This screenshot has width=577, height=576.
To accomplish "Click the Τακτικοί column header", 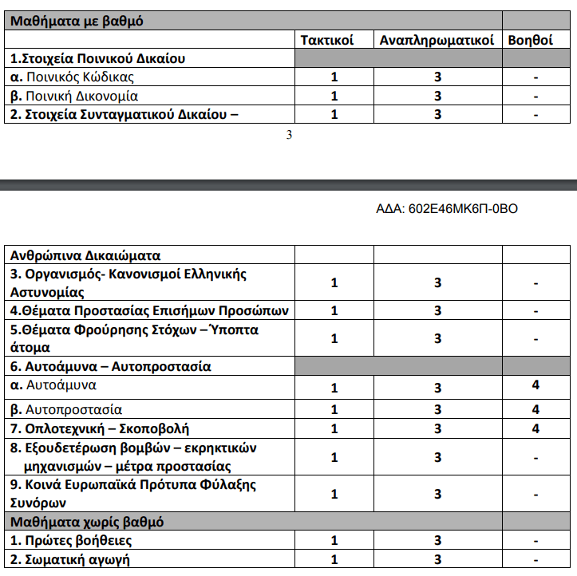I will pos(327,40).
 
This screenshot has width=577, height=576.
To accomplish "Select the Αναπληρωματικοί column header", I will pos(437,40).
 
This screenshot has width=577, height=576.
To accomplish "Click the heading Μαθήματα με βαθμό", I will pos(77,22).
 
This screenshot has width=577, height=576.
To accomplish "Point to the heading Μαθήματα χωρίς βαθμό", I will pos(87,522).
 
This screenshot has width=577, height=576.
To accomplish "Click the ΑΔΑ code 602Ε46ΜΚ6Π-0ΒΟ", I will pos(447,209).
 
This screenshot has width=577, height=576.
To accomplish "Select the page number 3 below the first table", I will pos(289,135).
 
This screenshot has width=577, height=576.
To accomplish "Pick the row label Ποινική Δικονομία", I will pos(74,96).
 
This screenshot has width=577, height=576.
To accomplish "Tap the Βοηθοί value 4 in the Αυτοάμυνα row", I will pos(536,385).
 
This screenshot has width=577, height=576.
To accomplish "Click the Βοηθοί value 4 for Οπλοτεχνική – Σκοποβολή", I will pos(536,428).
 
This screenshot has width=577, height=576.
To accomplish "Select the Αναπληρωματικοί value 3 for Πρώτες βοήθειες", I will pos(437,541).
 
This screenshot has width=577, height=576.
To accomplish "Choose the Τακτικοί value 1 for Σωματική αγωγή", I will pos(334,559).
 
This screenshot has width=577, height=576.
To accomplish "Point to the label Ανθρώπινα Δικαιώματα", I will pos(85,256).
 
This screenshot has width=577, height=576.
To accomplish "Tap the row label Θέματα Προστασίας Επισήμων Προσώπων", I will pos(149,310).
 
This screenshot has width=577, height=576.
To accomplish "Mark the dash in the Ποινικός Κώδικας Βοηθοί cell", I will pos(536,77).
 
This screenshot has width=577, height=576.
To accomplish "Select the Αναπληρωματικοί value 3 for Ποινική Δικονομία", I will pos(437,96).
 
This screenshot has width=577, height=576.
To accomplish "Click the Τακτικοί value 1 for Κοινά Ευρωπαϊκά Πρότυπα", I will pos(334,494).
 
